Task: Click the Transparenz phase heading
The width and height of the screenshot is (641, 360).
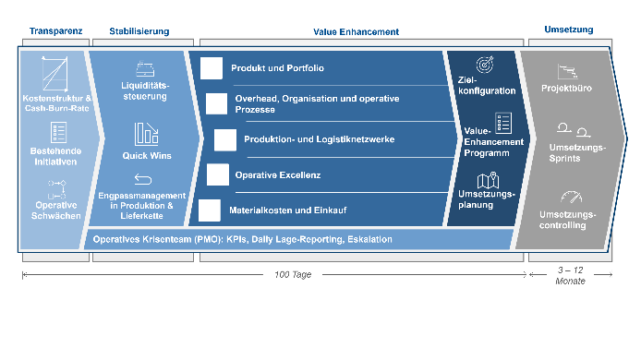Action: coord(56,31)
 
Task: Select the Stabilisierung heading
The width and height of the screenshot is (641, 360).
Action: coord(139,31)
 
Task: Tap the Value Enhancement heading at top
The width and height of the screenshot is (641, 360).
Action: coord(357,32)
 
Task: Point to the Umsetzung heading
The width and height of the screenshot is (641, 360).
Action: coord(569,30)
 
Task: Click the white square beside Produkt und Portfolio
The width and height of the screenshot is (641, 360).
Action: coord(212,68)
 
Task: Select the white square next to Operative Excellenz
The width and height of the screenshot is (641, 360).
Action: coord(218,174)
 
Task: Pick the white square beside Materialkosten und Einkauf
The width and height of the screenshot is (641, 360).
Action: coord(210,210)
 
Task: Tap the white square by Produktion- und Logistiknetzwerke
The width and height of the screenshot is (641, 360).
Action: coord(225,140)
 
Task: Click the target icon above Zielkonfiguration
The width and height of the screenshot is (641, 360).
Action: coord(485,65)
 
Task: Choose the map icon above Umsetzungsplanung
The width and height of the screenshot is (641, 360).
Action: coord(488,180)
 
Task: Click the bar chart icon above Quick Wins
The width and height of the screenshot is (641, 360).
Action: coord(146,134)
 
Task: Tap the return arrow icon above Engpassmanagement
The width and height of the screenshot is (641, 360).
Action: coord(143,179)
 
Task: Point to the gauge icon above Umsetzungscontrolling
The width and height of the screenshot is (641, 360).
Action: coord(572,197)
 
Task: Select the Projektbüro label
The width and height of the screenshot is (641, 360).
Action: coord(566,89)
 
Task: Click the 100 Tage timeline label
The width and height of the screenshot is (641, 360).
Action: coord(293,274)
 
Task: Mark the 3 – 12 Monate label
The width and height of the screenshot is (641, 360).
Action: coord(570,275)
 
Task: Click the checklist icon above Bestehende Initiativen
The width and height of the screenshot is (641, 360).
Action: coord(58,132)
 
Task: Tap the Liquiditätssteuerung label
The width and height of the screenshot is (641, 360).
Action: coord(145,91)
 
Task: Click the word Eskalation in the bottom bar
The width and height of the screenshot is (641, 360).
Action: coord(369,239)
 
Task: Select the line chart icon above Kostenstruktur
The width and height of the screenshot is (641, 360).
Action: coord(55,74)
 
